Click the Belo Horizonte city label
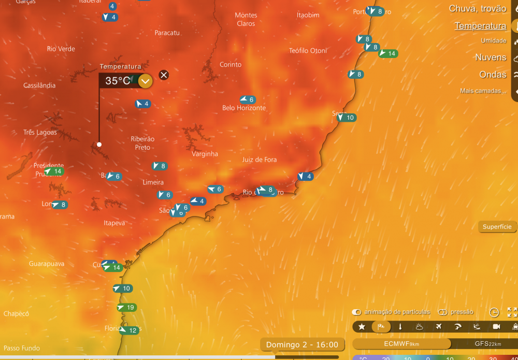point(244,108)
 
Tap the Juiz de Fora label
point(260,160)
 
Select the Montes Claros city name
point(246,19)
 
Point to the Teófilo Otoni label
point(308,50)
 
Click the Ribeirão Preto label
point(142,143)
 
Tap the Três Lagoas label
point(40,132)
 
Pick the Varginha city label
point(205,154)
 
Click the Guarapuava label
point(47,264)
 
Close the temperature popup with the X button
point(164,75)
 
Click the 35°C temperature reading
point(118,80)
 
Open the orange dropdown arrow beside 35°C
point(146,81)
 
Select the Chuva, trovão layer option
point(477,8)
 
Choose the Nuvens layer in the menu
point(491,57)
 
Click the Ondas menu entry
point(493,75)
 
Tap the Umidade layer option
point(493,40)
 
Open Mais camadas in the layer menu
point(483,91)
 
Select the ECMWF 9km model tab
point(401,343)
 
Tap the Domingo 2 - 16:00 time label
point(302,344)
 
